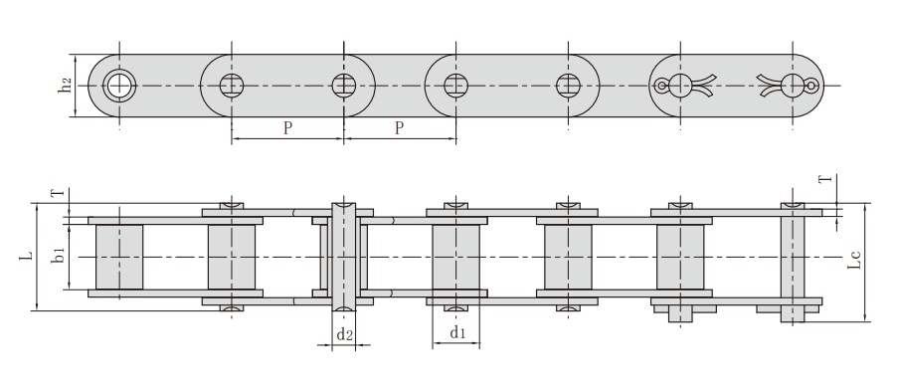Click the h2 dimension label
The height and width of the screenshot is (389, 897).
tap(67, 86)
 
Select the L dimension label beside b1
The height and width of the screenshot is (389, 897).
tap(26, 258)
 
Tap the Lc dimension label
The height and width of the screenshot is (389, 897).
tap(854, 260)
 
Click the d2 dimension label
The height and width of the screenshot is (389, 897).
tap(344, 334)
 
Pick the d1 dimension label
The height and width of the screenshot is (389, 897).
tap(457, 332)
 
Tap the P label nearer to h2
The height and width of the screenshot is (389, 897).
tap(287, 127)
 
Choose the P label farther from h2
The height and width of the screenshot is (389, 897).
tap(400, 127)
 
